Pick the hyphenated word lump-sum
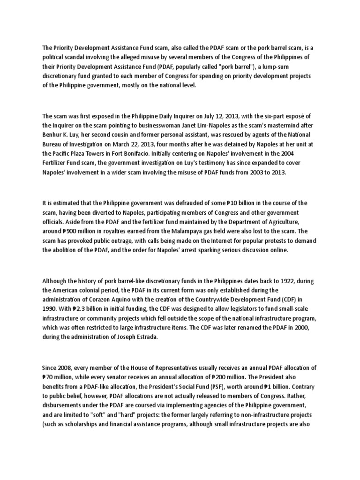[308, 67]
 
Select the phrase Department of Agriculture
[264, 222]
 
